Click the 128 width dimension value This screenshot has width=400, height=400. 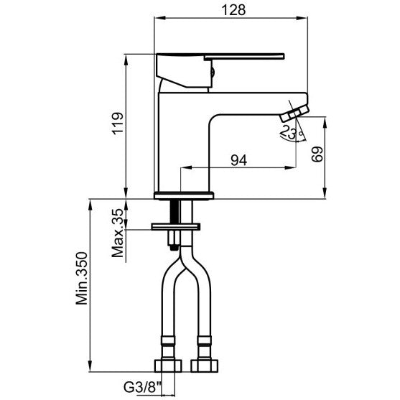click(x=233, y=10)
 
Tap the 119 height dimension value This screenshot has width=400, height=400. click(x=118, y=123)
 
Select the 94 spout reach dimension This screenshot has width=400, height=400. click(x=239, y=160)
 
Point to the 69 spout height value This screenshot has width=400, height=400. click(x=317, y=154)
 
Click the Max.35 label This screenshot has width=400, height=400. click(x=118, y=233)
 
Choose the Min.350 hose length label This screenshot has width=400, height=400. click(x=82, y=278)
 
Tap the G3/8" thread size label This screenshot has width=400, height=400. click(x=143, y=388)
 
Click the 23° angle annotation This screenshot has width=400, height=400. click(x=291, y=133)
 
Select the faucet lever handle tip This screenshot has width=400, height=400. click(x=283, y=56)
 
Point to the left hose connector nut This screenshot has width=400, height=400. click(x=168, y=366)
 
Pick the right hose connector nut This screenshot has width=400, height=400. click(x=205, y=366)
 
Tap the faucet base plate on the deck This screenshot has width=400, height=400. click(x=184, y=195)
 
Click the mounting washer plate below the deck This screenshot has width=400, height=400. click(x=176, y=226)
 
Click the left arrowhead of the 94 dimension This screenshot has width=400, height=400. click(x=186, y=167)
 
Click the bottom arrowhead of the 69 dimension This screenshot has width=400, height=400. click(x=325, y=193)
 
